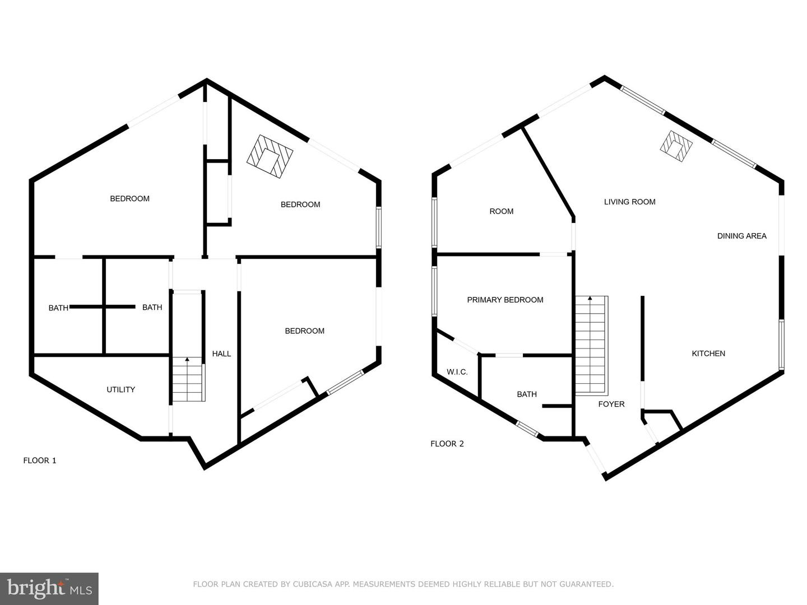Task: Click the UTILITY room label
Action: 120,389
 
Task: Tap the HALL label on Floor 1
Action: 221,353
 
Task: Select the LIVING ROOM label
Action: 629,202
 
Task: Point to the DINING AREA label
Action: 741,236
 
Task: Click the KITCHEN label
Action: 708,353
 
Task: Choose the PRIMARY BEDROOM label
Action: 505,300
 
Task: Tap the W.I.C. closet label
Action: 457,372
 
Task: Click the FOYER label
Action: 611,404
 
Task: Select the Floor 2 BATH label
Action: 526,394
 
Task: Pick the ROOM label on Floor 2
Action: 501,211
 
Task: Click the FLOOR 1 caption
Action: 40,460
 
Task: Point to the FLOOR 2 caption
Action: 447,444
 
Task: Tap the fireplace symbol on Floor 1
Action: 270,156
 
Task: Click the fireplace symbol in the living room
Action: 676,147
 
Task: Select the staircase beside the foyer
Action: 591,346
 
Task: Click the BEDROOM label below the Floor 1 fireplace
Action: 300,204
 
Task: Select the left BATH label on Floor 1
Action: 58,308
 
